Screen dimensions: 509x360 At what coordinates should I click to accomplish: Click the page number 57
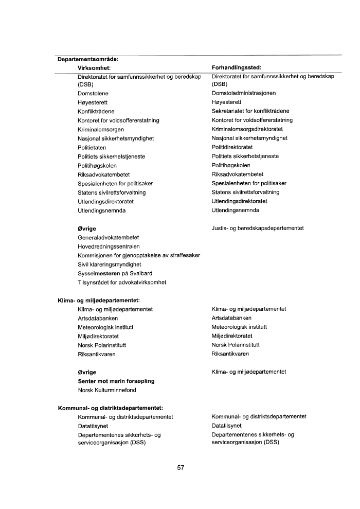coord(180,468)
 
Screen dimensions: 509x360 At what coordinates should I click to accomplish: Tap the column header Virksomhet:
coord(95,67)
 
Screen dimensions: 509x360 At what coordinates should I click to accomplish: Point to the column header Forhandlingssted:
coord(237,67)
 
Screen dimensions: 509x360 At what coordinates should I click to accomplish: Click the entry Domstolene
coord(93,94)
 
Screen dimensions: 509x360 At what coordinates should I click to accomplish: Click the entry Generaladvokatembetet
coord(109,237)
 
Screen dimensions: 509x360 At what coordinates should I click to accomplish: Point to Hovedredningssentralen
coord(107,247)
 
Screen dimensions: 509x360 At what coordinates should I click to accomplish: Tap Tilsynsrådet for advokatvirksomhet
coord(122,282)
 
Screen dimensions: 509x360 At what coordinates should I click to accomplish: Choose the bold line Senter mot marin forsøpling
coord(116,381)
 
